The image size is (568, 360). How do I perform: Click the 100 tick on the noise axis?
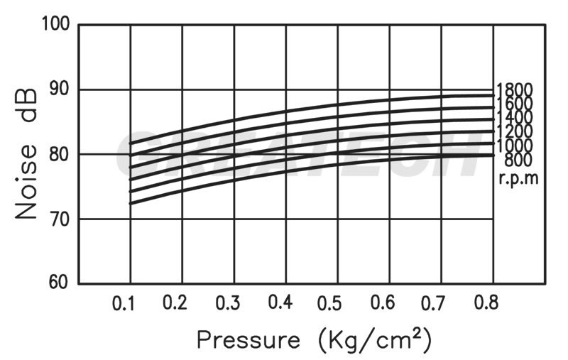(55, 25)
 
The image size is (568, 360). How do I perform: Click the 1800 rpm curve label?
(515, 90)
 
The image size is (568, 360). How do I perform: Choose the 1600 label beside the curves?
(515, 104)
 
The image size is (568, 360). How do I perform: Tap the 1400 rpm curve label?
(515, 117)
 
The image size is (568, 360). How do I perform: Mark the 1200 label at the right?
(515, 131)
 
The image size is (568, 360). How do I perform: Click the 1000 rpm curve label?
(515, 146)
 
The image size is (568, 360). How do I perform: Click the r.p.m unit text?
(518, 178)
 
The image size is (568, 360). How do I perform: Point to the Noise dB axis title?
(26, 154)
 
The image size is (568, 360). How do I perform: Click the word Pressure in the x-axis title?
(248, 340)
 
